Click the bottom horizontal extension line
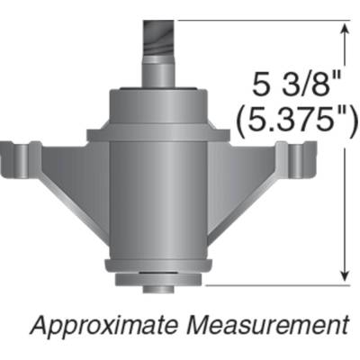270,284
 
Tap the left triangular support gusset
72,193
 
